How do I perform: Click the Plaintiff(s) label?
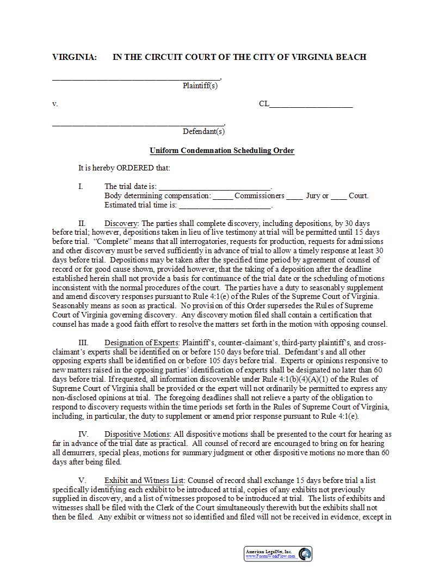pos(200,85)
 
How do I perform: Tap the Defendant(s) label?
pos(203,131)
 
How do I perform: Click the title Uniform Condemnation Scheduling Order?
pos(222,150)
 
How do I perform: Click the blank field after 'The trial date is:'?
pos(214,186)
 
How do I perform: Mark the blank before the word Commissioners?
pos(223,196)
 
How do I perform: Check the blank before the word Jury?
pos(294,196)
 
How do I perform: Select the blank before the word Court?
pos(338,196)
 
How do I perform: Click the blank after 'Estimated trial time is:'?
pos(225,205)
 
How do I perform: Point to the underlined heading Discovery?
pos(122,223)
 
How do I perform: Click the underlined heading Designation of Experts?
pos(141,342)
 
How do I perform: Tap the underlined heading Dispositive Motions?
pos(137,434)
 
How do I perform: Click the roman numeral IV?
pos(83,434)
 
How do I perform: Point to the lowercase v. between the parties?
pos(55,104)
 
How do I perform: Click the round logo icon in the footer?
pos(305,554)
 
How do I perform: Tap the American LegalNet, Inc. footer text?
pos(269,552)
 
